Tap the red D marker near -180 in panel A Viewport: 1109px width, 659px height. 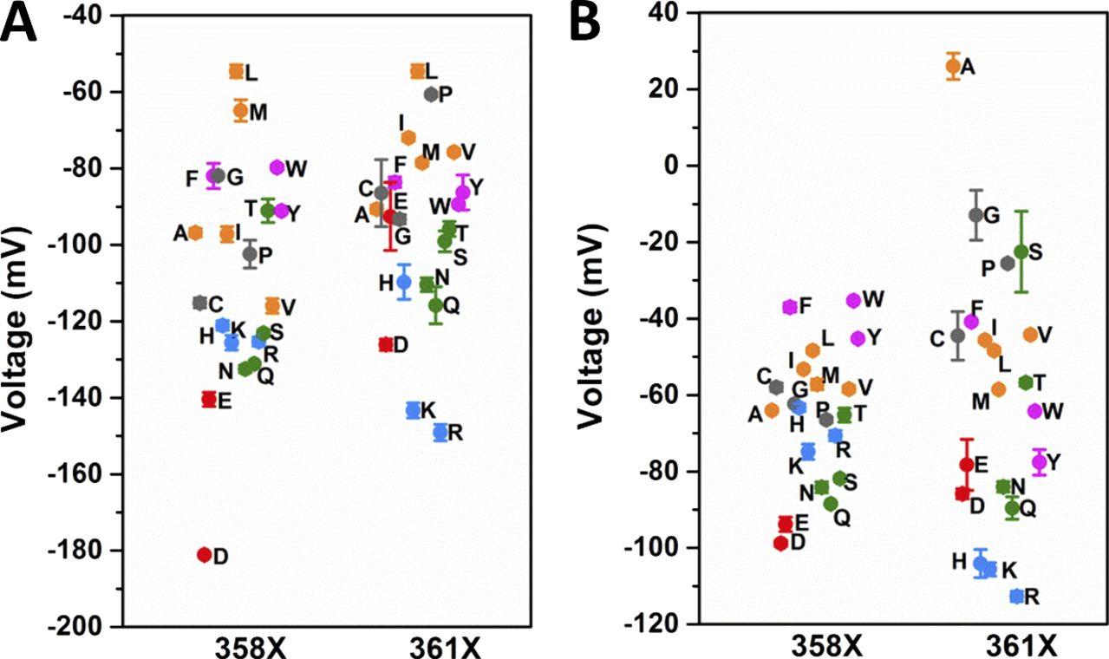tap(205, 555)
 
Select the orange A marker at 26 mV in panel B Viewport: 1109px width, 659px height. tap(953, 66)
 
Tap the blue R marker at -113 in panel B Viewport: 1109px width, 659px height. tap(1018, 596)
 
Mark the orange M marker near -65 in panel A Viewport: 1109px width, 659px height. tap(241, 110)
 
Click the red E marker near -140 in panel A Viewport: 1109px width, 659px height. tap(209, 399)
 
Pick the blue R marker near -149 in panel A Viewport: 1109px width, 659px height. tap(440, 432)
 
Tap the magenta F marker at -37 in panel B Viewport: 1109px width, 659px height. tap(790, 306)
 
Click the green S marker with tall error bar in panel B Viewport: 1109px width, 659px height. tap(1021, 251)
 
